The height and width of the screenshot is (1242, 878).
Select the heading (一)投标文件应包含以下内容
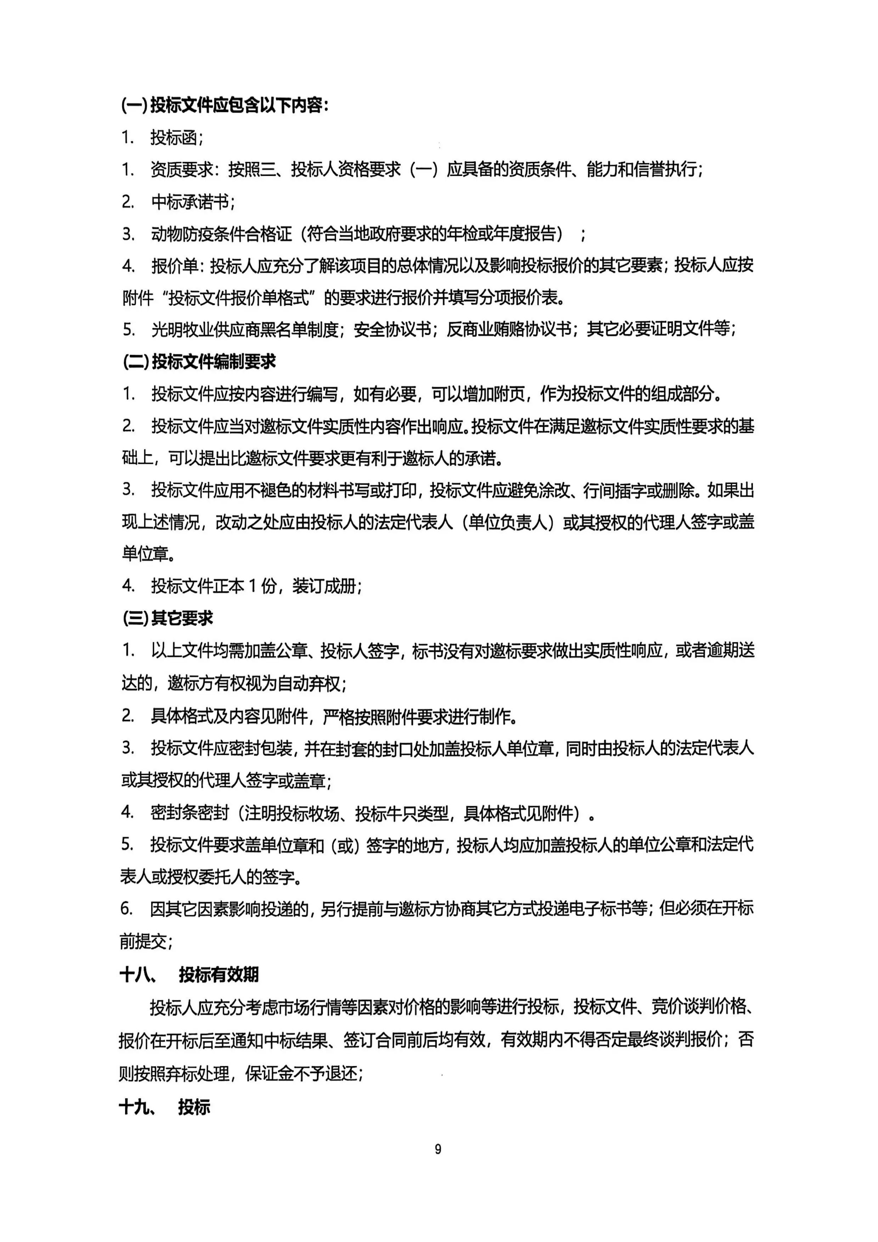pyautogui.click(x=225, y=105)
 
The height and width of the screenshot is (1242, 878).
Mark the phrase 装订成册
pyautogui.click(x=324, y=586)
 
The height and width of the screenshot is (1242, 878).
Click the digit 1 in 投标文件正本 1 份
pyautogui.click(x=253, y=586)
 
